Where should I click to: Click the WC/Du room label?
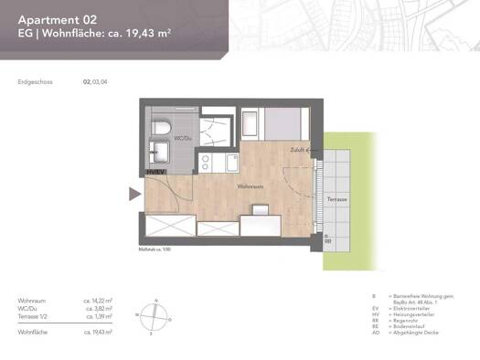tap(183, 139)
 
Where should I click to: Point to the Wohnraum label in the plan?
tap(250, 186)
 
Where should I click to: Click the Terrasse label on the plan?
tap(336, 198)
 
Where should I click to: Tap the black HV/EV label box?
tap(155, 172)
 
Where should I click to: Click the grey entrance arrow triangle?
tap(134, 193)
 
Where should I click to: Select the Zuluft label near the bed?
tap(297, 149)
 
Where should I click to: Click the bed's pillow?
tap(251, 120)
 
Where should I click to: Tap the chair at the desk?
tap(260, 209)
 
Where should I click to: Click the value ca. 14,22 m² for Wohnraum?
tap(98, 300)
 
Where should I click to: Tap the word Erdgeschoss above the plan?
tap(35, 81)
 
